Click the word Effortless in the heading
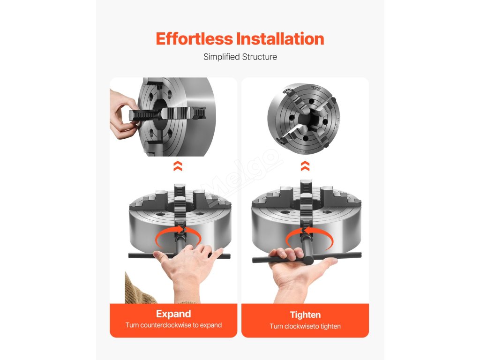pos(195,39)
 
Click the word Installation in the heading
pos(280,39)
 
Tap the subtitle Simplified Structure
pos(240,57)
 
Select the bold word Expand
pos(173,314)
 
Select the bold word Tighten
pos(305,315)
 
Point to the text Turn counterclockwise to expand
pos(173,325)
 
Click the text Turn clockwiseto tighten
pos(305,326)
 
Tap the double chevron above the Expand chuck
pos(178,166)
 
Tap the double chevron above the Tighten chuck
pos(305,166)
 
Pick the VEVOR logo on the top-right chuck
pos(316,88)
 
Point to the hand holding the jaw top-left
pos(122,114)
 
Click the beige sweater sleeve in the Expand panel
pos(138,289)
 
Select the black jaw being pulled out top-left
pos(167,114)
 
